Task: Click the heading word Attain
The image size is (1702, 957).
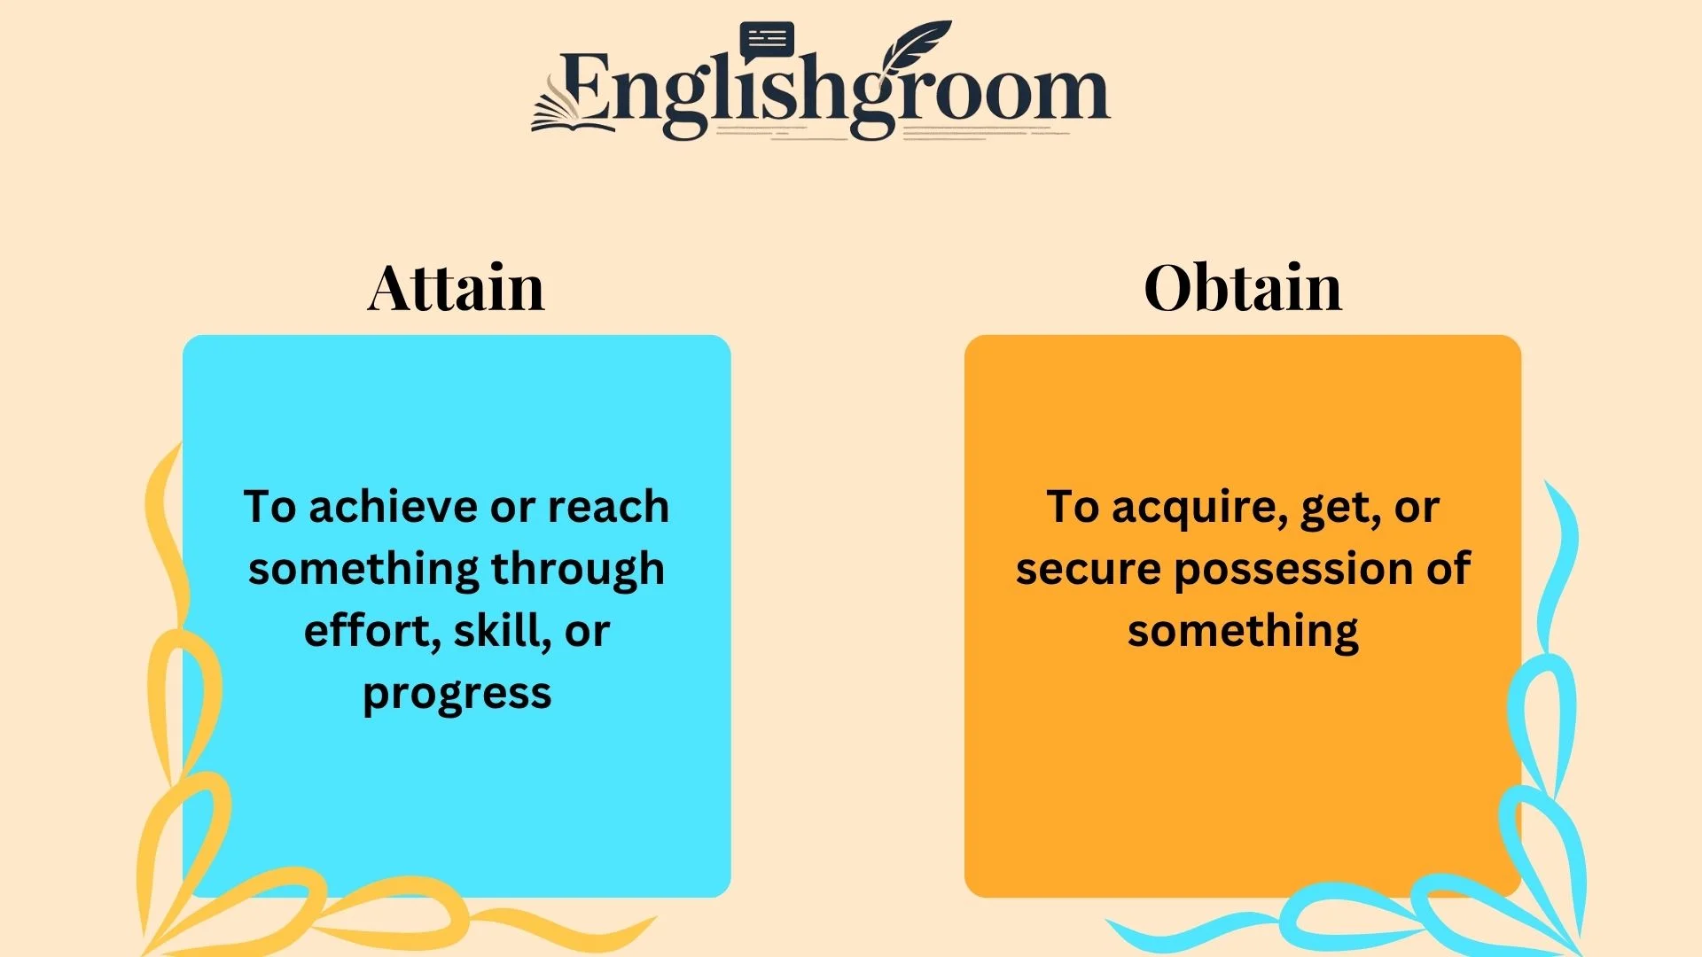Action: click(456, 288)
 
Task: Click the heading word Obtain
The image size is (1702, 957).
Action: click(1243, 288)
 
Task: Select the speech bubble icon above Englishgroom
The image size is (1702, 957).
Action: click(767, 41)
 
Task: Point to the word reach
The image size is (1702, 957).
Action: click(608, 507)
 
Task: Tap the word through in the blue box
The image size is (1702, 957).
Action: click(577, 570)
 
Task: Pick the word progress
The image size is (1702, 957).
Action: click(457, 695)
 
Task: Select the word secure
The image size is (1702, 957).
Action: click(1088, 569)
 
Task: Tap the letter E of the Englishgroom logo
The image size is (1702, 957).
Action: click(585, 89)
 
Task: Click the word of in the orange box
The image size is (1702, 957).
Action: click(1448, 569)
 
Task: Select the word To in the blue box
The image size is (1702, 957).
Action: click(270, 507)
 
